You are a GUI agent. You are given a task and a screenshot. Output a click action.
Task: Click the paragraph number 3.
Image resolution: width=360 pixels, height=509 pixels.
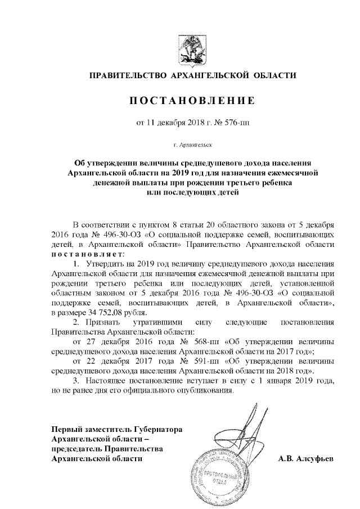[77, 381]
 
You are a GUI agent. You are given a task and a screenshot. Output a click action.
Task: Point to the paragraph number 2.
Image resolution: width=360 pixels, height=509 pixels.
[77, 322]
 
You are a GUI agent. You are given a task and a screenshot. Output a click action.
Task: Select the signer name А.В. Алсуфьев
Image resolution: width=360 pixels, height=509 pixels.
[305, 459]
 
